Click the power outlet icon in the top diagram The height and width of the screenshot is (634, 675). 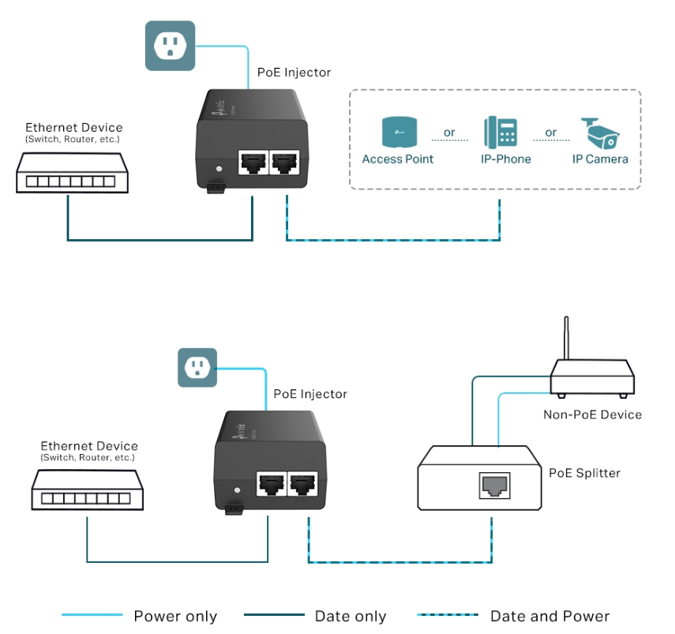pyautogui.click(x=170, y=46)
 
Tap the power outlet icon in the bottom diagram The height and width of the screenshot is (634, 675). pyautogui.click(x=197, y=368)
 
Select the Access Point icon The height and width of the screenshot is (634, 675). pyautogui.click(x=399, y=132)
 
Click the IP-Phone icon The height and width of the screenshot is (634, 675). pyautogui.click(x=501, y=132)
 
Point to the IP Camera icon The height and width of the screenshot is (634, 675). pyautogui.click(x=600, y=133)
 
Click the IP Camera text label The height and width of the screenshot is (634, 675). pyautogui.click(x=600, y=159)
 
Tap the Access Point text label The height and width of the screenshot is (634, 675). pyautogui.click(x=397, y=159)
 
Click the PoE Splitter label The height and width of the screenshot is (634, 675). pyautogui.click(x=584, y=473)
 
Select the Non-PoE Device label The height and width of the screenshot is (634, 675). pyautogui.click(x=592, y=415)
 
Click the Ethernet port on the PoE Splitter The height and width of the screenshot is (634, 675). pyautogui.click(x=495, y=486)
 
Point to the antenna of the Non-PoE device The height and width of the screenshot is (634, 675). pyautogui.click(x=566, y=338)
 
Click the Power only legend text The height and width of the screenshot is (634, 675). pyautogui.click(x=175, y=617)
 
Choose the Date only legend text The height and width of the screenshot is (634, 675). pyautogui.click(x=351, y=617)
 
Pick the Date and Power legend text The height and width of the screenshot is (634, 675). pyautogui.click(x=549, y=617)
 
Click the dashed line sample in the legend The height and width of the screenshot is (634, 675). pyautogui.click(x=448, y=614)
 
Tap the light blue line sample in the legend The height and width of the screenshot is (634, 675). pyautogui.click(x=92, y=614)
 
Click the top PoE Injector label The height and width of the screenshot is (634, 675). pyautogui.click(x=294, y=73)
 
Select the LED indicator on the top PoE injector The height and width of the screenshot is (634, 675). pyautogui.click(x=219, y=169)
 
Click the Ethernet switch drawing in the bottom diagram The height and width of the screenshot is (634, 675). pyautogui.click(x=88, y=490)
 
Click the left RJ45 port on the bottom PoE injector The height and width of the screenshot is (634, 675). pyautogui.click(x=272, y=484)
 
